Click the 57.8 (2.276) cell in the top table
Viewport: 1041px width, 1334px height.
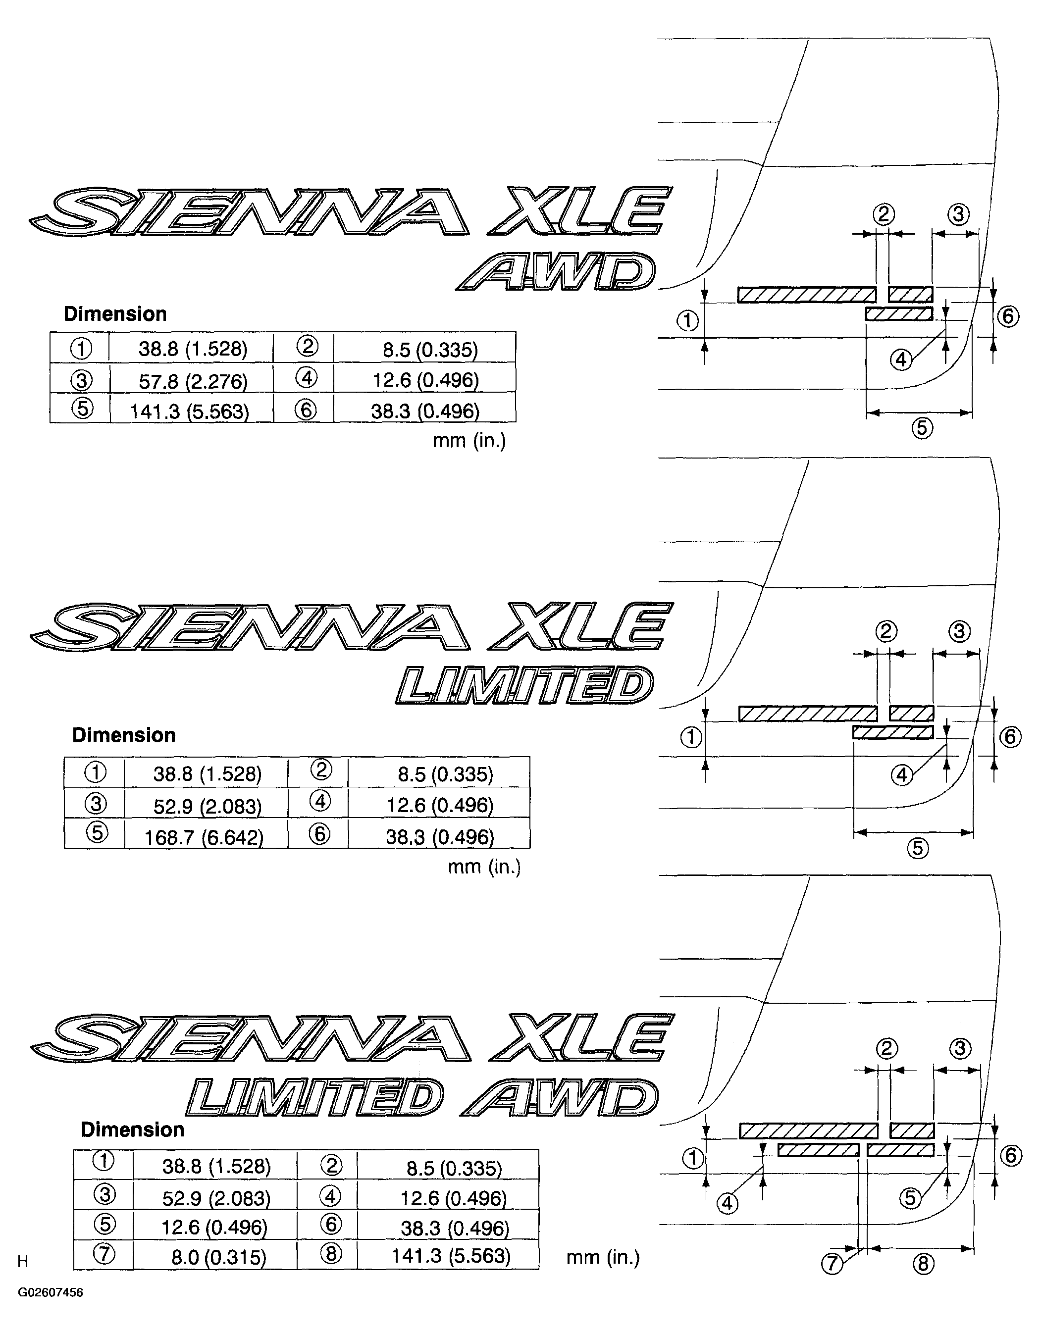(193, 381)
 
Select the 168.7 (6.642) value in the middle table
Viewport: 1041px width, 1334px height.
(204, 837)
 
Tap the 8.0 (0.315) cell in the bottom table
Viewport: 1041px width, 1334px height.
(219, 1257)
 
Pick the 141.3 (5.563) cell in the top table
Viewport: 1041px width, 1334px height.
(189, 411)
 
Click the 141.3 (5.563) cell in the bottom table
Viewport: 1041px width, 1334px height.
(451, 1255)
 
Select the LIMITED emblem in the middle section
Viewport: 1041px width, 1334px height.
(524, 685)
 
